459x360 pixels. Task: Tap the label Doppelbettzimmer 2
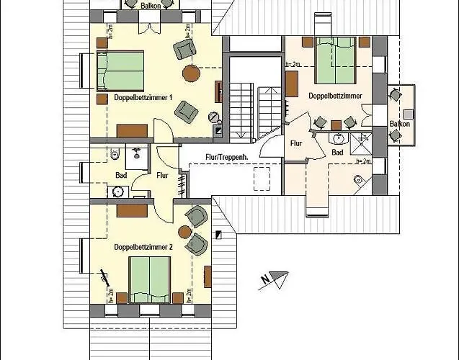[143, 247]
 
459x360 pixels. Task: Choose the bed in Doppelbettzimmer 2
[149, 278]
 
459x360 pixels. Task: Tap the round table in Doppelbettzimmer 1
[192, 73]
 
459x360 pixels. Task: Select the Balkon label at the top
[150, 5]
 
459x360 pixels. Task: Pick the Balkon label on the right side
[400, 124]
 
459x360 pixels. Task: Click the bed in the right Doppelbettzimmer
[335, 61]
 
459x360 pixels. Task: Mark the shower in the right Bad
[362, 139]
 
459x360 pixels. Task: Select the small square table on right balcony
[409, 113]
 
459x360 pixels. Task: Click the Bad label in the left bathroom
[121, 175]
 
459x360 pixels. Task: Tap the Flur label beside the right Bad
[296, 143]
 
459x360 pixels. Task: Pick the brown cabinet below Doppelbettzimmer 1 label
[133, 131]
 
